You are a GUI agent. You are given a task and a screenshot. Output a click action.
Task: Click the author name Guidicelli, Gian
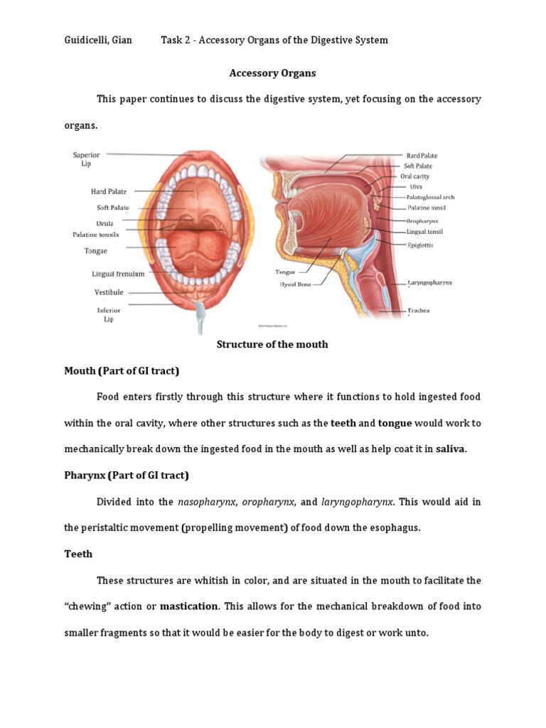(x=97, y=40)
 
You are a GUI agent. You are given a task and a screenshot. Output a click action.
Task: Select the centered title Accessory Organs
(x=272, y=73)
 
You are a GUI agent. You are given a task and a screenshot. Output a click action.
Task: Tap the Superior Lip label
(x=86, y=159)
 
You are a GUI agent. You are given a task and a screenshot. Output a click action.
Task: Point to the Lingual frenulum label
(x=118, y=274)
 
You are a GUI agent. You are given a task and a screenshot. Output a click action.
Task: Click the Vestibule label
(x=109, y=292)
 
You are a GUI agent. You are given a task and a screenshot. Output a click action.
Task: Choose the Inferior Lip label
(x=109, y=314)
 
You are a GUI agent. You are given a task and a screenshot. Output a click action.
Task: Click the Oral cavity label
(x=414, y=176)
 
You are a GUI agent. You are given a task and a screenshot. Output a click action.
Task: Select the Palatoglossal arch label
(x=430, y=197)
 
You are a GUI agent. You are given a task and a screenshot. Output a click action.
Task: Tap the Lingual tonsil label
(x=424, y=232)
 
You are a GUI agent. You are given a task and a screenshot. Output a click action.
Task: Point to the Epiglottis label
(x=419, y=245)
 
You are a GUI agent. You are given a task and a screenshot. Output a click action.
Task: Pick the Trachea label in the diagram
(x=418, y=311)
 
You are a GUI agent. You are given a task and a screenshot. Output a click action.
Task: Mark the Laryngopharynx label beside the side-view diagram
(x=429, y=282)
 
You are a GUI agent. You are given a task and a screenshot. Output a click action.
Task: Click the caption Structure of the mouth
(x=272, y=344)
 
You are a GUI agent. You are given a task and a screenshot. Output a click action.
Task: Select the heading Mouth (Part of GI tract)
(x=122, y=370)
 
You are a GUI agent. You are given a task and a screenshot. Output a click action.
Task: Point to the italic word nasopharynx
(x=206, y=502)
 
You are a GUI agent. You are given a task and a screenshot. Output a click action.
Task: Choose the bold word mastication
(x=188, y=606)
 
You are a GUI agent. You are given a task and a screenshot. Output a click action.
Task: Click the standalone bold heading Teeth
(x=78, y=553)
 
